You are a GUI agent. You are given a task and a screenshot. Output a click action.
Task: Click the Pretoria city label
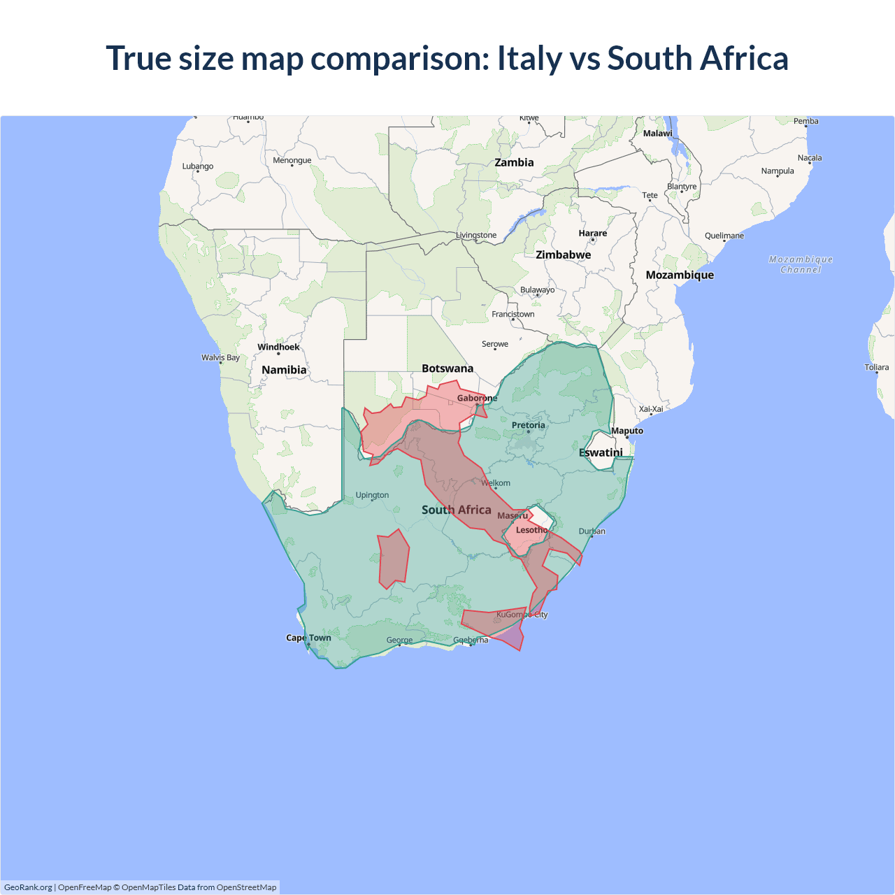click(528, 425)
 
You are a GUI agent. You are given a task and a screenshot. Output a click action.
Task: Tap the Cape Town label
click(308, 638)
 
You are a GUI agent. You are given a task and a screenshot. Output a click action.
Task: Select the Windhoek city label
click(278, 347)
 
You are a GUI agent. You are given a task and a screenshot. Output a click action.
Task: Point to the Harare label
click(592, 234)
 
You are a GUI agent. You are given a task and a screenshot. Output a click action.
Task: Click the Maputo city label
click(627, 431)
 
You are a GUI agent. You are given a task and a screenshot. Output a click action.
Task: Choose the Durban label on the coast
click(592, 531)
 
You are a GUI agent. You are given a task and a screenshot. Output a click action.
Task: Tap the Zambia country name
click(514, 162)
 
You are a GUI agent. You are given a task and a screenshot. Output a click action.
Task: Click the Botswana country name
click(447, 368)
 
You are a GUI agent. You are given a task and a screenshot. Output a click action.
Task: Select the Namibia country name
click(284, 370)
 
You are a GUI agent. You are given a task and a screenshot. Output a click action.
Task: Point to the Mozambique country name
click(680, 275)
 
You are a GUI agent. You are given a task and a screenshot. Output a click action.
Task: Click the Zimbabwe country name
click(563, 255)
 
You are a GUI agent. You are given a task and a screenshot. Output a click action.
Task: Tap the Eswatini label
click(601, 452)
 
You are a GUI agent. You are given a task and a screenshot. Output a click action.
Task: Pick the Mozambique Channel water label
click(801, 264)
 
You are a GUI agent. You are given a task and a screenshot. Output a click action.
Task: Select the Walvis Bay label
click(220, 357)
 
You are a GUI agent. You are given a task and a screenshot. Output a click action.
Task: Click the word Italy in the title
click(529, 58)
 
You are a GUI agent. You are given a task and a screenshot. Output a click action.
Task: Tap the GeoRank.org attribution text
click(28, 887)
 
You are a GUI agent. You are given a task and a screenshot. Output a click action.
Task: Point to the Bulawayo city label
click(537, 290)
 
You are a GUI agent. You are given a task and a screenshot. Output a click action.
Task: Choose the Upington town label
click(372, 495)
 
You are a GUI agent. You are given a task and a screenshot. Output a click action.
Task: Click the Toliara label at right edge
click(876, 367)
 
